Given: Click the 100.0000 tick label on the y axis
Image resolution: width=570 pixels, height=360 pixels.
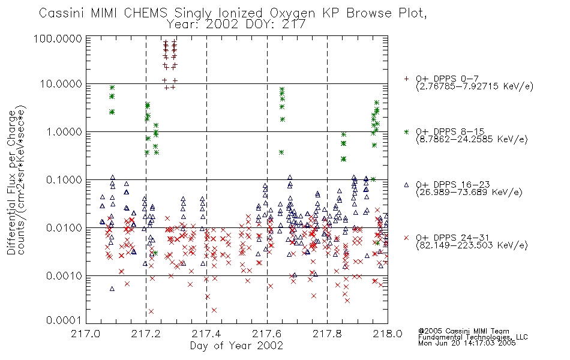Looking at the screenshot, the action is [58, 38].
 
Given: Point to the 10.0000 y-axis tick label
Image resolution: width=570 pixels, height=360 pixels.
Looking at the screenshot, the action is [61, 84].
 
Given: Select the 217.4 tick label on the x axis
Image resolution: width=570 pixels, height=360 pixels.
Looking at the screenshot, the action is [206, 334].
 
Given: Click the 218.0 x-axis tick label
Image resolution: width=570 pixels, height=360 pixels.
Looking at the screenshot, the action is [388, 334].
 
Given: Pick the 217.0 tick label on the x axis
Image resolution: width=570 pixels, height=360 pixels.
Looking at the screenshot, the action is [86, 334].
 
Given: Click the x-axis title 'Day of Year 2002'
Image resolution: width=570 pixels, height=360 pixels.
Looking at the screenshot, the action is [236, 346].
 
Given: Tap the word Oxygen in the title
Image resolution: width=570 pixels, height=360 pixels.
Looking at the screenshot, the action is [292, 14].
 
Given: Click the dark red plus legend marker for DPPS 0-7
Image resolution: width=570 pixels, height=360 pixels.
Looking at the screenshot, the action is [406, 79].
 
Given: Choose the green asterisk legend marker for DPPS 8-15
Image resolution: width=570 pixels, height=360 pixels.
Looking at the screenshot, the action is [406, 131].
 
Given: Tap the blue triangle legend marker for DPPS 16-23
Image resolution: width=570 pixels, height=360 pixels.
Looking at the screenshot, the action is [406, 185].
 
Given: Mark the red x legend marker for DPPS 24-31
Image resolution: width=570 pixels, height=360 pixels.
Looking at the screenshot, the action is [406, 238].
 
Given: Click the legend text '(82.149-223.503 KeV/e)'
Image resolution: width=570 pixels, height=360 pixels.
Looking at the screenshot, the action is [472, 245].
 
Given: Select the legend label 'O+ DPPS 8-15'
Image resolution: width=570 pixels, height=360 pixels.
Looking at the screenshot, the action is [450, 131].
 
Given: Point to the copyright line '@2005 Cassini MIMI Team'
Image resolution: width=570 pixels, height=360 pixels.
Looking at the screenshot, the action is [463, 331].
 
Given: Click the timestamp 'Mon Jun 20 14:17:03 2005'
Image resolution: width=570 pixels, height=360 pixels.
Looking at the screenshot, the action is [467, 343].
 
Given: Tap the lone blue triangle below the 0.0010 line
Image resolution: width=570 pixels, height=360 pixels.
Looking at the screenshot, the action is [112, 289].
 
